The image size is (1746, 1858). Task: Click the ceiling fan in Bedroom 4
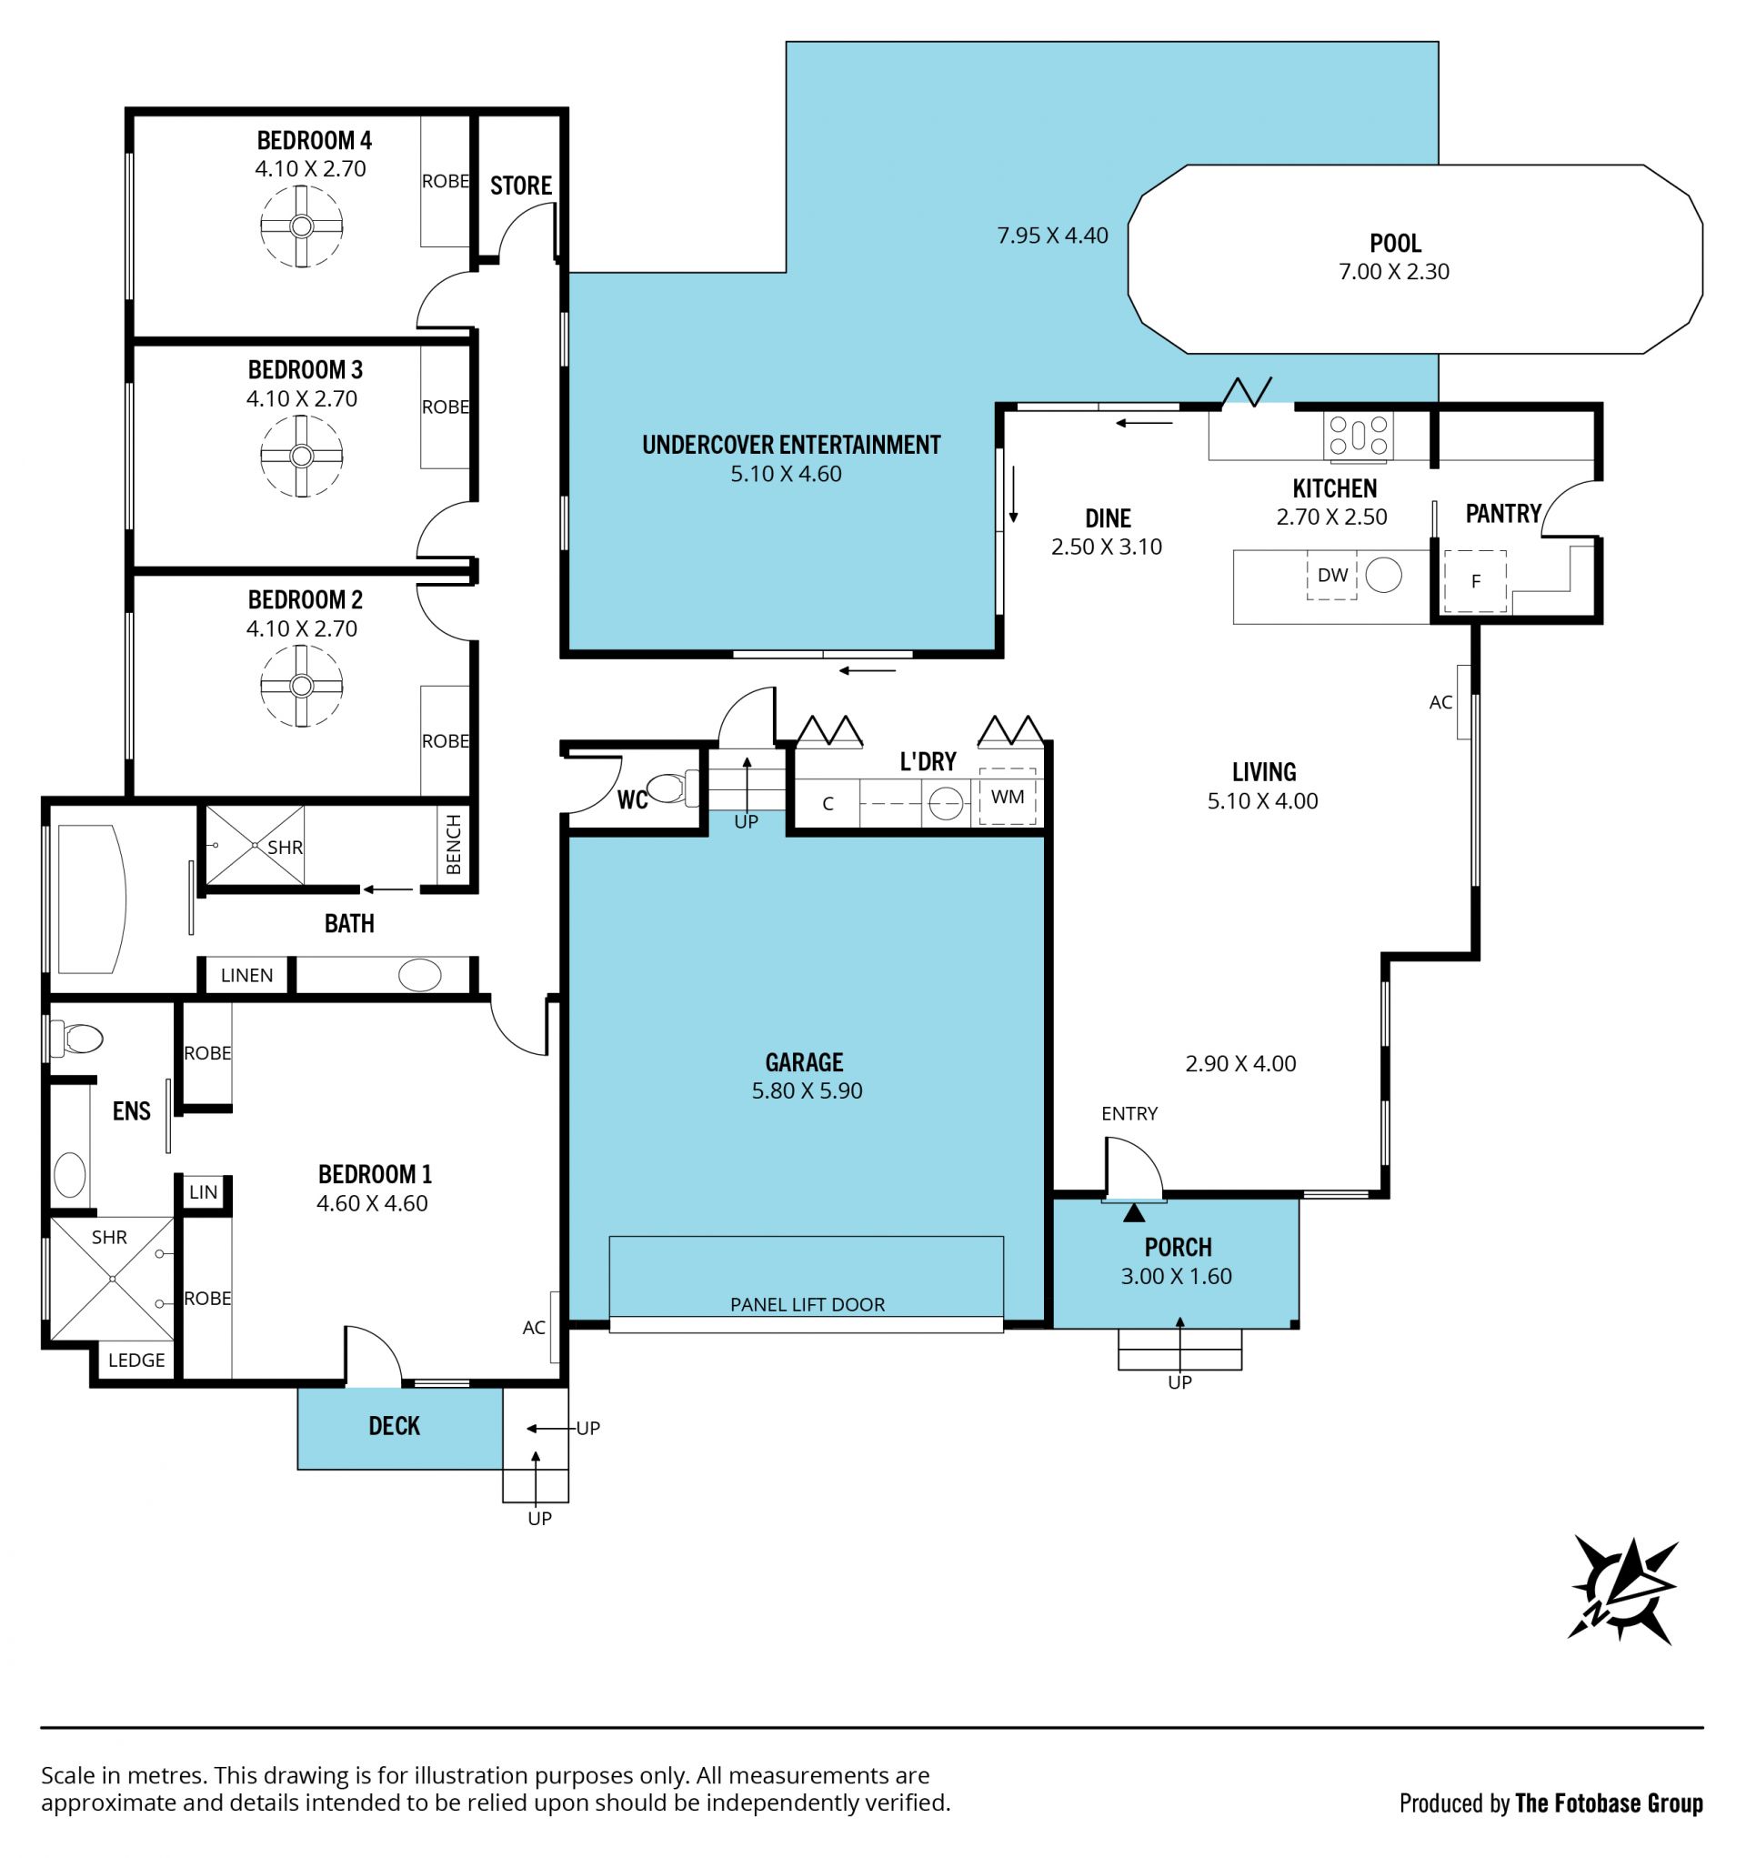pos(301,226)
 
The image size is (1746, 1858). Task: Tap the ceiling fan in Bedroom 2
pos(301,686)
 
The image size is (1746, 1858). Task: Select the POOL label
pos(1396,243)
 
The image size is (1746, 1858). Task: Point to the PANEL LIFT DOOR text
pos(808,1305)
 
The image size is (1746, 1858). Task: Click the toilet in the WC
pos(672,788)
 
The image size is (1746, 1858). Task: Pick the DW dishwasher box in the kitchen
pos(1331,575)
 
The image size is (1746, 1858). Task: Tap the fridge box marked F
pos(1475,581)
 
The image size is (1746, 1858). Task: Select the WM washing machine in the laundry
pos(1008,798)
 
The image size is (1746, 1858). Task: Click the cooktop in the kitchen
pos(1358,437)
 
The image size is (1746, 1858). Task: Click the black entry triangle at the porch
pos(1134,1213)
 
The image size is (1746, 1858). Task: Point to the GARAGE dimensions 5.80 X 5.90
pos(808,1090)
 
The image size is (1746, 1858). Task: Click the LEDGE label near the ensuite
pos(136,1361)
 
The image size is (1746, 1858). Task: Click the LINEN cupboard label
pos(246,976)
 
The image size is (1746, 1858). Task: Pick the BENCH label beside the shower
pos(455,845)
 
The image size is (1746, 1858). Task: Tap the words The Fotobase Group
pos(1609,1803)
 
